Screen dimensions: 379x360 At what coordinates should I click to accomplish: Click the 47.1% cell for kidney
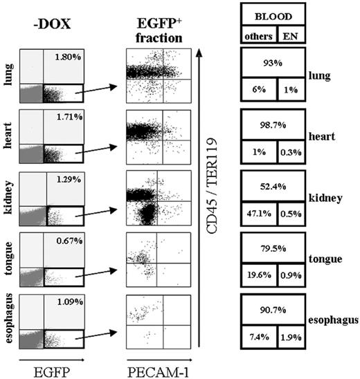pos(260,212)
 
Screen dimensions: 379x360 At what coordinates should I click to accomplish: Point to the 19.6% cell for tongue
pos(260,274)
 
